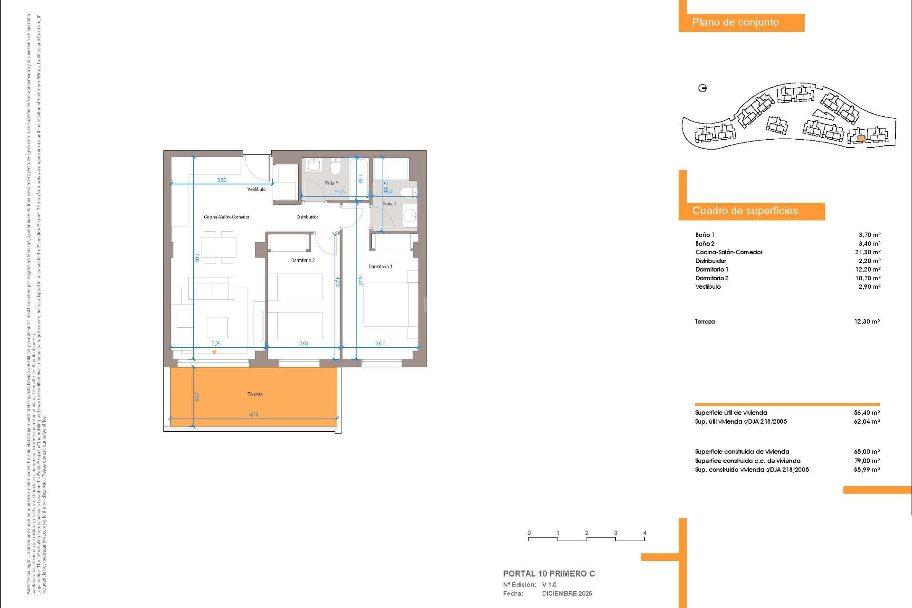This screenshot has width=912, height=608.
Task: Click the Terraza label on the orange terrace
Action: (255, 394)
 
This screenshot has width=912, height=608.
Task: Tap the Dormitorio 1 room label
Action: (380, 266)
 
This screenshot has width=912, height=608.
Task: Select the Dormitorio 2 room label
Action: (303, 260)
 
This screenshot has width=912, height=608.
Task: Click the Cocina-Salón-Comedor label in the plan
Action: (227, 217)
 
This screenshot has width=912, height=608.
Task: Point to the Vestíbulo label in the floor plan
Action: (256, 190)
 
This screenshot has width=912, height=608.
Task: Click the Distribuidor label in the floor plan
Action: (307, 217)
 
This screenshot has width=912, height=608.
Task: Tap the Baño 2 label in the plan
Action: (331, 183)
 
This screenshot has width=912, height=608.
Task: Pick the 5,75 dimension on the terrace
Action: (254, 415)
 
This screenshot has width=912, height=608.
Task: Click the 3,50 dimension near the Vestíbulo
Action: (222, 180)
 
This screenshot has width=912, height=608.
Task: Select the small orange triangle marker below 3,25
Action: (214, 352)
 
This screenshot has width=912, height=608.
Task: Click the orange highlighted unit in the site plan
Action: (861, 139)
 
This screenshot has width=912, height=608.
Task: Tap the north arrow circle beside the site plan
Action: (703, 88)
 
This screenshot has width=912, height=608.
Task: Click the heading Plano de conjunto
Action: (735, 22)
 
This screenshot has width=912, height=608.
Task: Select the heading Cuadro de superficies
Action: (745, 211)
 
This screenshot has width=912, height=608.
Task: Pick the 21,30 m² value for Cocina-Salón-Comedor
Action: (867, 252)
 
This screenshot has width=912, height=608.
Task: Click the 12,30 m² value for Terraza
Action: (867, 322)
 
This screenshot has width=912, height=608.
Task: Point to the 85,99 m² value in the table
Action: (867, 470)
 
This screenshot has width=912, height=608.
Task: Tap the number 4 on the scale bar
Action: (645, 533)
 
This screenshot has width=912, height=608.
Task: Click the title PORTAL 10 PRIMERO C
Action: (549, 574)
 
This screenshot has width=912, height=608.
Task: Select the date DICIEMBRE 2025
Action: (567, 594)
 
